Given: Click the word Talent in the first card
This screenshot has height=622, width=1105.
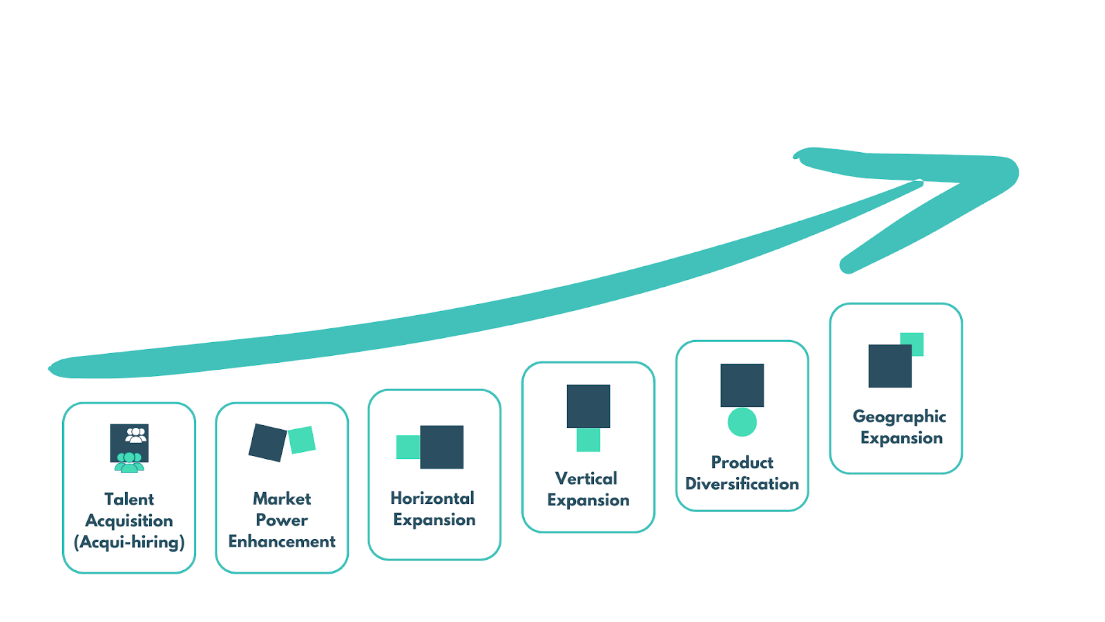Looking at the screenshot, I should point(129,499).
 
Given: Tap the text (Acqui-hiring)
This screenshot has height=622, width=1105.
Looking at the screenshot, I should point(129,542).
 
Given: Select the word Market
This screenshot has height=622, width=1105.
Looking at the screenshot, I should point(282,498).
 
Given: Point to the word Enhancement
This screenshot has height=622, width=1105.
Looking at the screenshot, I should point(282,541).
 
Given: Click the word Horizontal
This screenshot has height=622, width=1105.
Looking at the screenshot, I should point(432,498).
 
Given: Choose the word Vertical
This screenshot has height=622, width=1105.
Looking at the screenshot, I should point(586,478).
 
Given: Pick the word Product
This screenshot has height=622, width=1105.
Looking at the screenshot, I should point(742,462).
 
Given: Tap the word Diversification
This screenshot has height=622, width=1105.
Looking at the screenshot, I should point(742,484).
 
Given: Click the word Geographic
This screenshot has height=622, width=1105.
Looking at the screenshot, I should point(899,416).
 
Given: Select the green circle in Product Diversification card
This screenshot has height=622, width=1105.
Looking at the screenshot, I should point(742,422).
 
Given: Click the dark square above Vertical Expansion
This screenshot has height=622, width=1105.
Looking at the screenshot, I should point(588,406).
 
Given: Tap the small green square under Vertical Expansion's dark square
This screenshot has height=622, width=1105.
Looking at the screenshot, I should point(588,440).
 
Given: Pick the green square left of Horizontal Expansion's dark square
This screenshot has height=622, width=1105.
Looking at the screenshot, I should point(407,447).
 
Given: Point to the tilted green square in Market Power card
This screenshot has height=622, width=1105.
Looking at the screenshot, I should point(302,440).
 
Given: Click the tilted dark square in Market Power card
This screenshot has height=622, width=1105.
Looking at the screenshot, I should point(267,442).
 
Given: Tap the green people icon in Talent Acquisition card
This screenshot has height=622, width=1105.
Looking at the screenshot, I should point(129,462).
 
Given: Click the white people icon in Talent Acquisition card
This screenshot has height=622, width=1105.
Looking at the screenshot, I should point(136,435).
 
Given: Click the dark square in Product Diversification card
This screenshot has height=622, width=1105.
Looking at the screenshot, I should point(742,385).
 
